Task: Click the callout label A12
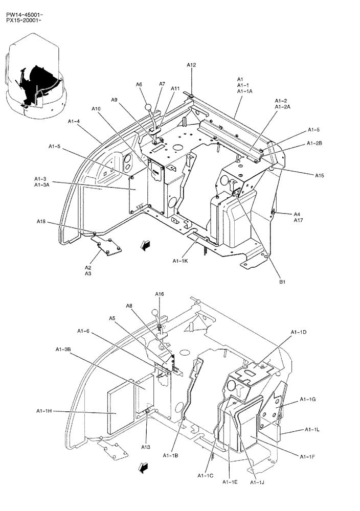191,65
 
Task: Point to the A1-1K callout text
181,261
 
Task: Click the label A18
41,222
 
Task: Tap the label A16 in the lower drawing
160,294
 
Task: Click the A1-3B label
63,349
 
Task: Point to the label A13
146,447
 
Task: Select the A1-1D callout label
298,333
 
